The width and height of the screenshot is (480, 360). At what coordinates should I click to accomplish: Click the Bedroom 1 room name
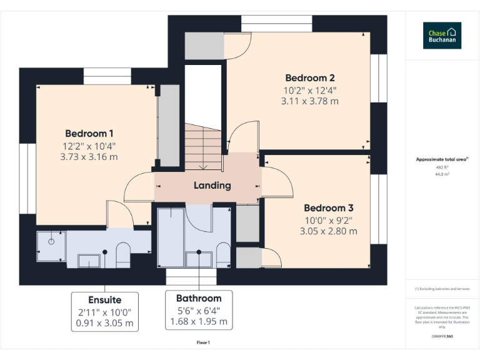(89, 133)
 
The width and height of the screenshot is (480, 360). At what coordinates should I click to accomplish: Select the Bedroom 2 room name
(310, 78)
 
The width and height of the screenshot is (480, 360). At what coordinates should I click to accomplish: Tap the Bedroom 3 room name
(329, 207)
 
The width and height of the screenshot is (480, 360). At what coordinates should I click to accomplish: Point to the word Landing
(212, 185)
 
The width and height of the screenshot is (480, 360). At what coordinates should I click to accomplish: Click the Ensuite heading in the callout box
(104, 300)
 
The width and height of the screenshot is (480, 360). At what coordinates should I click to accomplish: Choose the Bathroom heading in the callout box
(198, 298)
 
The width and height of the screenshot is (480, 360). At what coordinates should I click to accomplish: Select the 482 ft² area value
(442, 167)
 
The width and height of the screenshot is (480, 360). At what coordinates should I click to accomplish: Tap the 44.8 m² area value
(442, 174)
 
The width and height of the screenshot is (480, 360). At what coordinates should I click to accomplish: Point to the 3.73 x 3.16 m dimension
(89, 157)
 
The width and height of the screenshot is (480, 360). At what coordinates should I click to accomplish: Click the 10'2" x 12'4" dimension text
(310, 90)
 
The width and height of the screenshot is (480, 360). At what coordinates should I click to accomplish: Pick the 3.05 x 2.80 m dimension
(329, 231)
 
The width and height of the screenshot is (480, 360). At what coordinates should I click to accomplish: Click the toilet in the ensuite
(122, 255)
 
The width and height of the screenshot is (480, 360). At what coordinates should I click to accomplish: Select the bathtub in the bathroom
(170, 237)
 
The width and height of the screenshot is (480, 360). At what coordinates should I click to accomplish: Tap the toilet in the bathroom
(222, 255)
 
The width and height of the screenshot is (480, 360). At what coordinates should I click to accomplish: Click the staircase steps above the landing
(203, 147)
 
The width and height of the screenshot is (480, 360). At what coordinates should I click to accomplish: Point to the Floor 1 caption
(203, 342)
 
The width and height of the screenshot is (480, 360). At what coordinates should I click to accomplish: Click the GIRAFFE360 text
(441, 336)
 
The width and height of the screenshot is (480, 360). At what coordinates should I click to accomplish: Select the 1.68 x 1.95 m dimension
(198, 322)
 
